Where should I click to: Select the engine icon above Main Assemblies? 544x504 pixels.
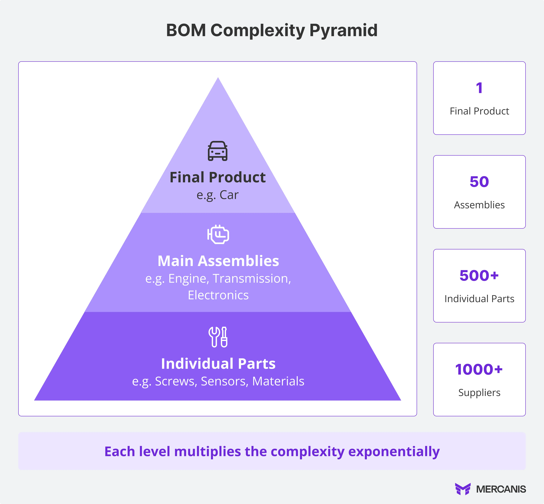218,234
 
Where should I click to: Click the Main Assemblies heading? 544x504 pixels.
218,261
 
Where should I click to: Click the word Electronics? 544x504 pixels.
218,295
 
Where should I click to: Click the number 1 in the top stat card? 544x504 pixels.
479,88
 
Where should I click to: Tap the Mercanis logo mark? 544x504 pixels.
463,489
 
